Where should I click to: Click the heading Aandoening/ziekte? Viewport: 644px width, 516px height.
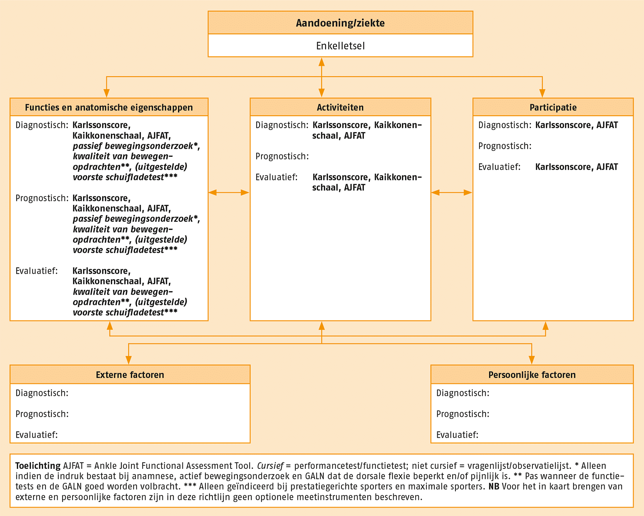tap(340, 23)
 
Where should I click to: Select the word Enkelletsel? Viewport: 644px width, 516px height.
tap(340, 46)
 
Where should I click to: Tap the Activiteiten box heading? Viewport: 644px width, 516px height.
tap(340, 108)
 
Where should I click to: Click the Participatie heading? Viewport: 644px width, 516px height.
tap(553, 108)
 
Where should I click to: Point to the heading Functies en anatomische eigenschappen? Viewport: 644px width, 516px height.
tap(109, 108)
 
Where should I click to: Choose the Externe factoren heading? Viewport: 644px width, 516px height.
tap(130, 375)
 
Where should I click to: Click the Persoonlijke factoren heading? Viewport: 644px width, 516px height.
tap(532, 375)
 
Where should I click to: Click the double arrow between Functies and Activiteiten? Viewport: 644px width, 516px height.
tap(229, 192)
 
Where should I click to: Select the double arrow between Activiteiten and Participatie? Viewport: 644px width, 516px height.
tap(452, 192)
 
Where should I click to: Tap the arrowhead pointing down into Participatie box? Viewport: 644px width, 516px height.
tap(542, 93)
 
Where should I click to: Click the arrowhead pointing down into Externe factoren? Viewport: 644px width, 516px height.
tap(129, 360)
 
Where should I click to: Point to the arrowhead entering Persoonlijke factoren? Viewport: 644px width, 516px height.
tap(532, 360)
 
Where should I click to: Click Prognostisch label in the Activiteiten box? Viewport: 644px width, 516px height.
tap(282, 156)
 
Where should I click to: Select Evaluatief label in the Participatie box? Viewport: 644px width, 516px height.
tap(499, 167)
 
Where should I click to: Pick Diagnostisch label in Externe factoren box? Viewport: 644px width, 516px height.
tap(42, 393)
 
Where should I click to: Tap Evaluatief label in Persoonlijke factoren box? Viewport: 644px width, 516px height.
tap(457, 435)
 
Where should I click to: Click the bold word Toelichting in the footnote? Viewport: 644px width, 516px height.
tap(38, 466)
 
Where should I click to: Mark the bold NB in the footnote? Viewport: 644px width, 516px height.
tap(494, 486)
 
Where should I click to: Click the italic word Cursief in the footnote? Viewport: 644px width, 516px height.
tap(270, 466)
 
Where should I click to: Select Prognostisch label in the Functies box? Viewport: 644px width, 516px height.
tap(42, 198)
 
